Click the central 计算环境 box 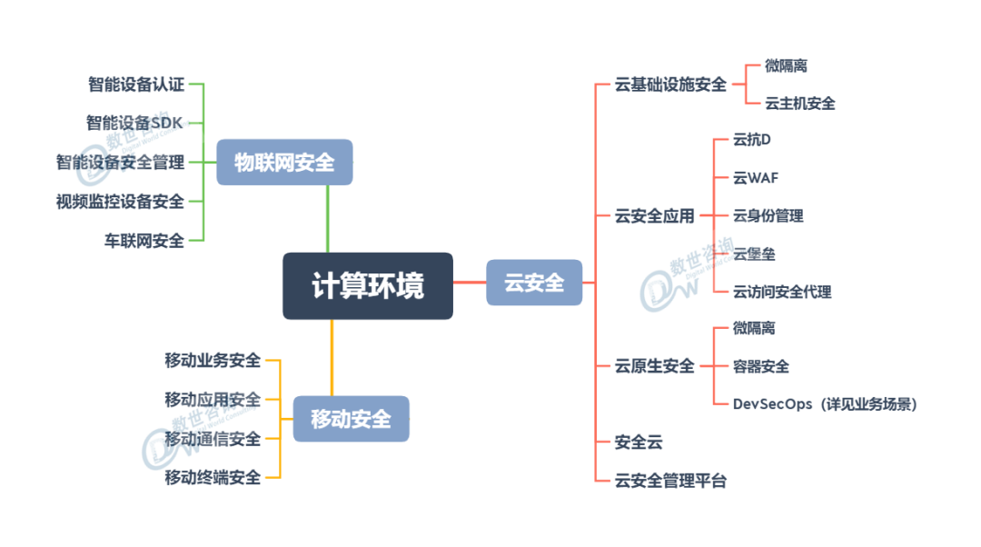tap(367, 286)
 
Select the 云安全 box tap(534, 283)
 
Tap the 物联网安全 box tap(284, 163)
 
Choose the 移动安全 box tap(351, 419)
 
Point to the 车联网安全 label tap(144, 241)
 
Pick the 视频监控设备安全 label tap(121, 201)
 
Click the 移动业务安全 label tap(213, 360)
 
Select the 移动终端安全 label tap(213, 478)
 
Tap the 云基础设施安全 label tap(671, 85)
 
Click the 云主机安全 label tap(800, 104)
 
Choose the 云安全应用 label tap(655, 216)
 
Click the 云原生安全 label tap(655, 366)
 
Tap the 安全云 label tap(639, 443)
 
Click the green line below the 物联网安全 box tap(327, 218)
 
